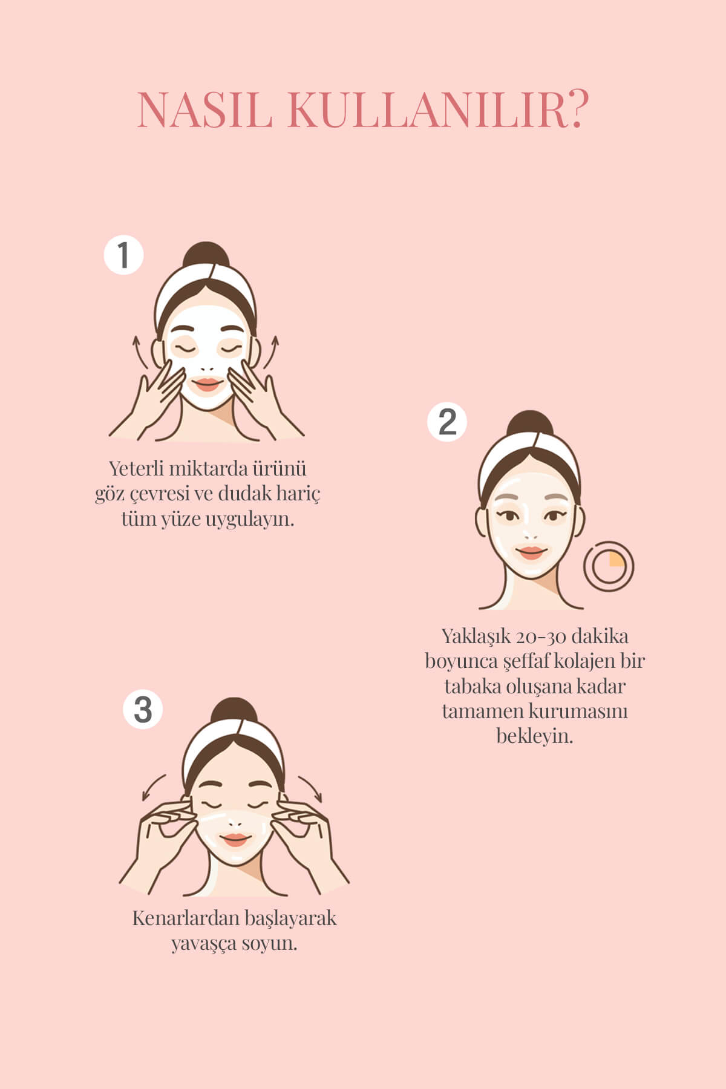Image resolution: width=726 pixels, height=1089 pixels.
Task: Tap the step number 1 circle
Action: [x=123, y=255]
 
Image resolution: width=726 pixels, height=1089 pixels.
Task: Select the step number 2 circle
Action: [x=447, y=422]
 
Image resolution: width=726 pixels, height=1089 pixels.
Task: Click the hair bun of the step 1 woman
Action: [x=208, y=255]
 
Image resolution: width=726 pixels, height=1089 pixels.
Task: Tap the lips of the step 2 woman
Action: [x=531, y=552]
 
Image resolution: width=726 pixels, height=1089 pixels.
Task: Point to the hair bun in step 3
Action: [x=234, y=712]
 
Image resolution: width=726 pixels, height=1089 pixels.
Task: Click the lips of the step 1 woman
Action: [x=207, y=385]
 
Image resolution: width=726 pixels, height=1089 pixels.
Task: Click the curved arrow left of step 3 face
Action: [x=153, y=786]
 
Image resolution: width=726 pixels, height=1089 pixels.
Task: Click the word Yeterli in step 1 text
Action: [x=132, y=469]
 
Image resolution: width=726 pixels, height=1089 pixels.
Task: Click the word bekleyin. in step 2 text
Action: [x=535, y=736]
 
